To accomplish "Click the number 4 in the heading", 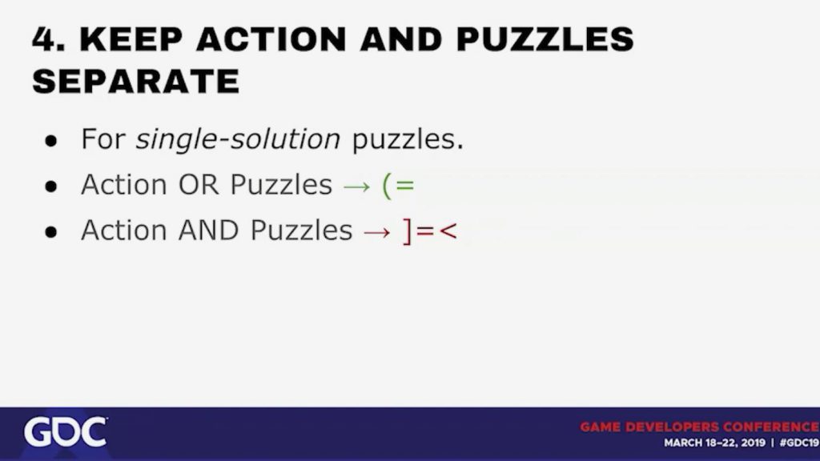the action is point(46,38).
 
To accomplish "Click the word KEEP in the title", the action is point(131,38).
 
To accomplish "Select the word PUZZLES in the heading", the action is point(545,38).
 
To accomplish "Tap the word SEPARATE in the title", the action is point(136,81).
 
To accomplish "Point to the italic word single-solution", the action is point(238,139).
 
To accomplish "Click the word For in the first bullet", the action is point(103,139).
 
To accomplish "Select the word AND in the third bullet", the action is point(208,230).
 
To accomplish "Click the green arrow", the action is point(356,186).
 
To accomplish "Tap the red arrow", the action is point(377,232).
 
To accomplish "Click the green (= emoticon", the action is point(399,186).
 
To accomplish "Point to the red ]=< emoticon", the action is point(430,231).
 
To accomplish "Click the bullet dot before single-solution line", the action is point(50,141).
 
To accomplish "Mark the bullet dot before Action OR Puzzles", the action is point(50,186).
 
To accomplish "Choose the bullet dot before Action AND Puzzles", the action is point(50,231).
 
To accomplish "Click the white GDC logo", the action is point(66,432).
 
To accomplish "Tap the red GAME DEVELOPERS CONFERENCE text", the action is point(700,427).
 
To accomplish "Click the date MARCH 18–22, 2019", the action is point(713,443).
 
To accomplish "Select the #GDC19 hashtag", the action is point(799,443).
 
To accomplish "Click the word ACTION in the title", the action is point(271,38).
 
